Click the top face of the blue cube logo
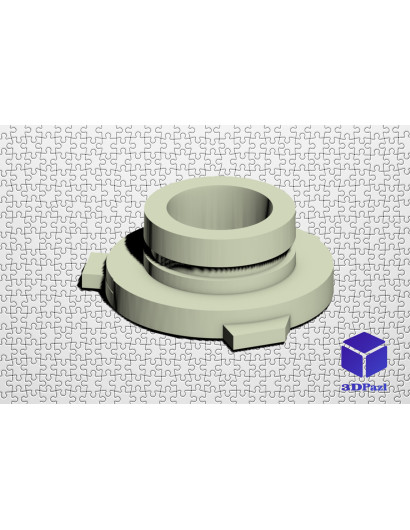click(x=364, y=341)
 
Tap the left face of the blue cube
click(x=352, y=361)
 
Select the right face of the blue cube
click(x=376, y=361)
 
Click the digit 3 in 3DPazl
click(x=345, y=388)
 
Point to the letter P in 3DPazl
click(x=363, y=387)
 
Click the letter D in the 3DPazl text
click(x=354, y=387)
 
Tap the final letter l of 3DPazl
click(x=384, y=387)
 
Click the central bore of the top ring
click(x=219, y=205)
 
